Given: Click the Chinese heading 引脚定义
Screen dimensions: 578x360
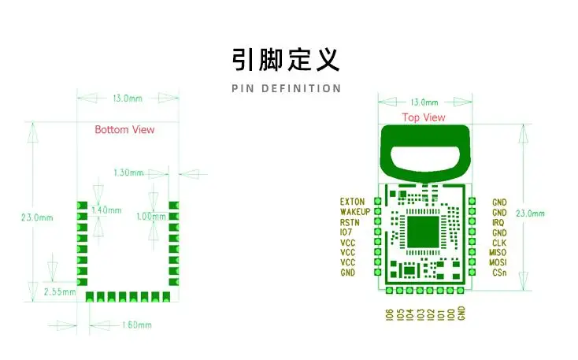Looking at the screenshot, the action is [286, 59].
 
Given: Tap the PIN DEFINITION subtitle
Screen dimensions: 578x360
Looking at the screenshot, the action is [287, 88].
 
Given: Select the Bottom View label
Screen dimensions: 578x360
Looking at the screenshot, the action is [124, 129].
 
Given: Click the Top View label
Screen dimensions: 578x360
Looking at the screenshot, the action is [424, 117].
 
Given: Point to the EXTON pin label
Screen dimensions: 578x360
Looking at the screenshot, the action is [352, 202].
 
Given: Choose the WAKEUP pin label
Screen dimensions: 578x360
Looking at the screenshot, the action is [355, 212].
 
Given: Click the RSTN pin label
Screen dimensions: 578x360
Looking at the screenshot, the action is [350, 222].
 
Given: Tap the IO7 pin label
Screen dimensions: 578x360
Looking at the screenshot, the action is [346, 232].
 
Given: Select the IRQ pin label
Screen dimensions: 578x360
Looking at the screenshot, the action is [498, 222].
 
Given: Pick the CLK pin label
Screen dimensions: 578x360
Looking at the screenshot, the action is [499, 243].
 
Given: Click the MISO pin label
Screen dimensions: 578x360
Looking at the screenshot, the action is [498, 253].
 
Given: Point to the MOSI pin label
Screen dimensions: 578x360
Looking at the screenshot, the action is [498, 262].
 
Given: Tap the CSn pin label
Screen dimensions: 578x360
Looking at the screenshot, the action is [499, 273].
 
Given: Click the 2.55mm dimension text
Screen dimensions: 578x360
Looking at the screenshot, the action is [60, 291].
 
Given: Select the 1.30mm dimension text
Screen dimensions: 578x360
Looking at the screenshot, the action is [128, 173].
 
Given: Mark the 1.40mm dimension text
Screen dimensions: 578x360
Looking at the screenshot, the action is [106, 210].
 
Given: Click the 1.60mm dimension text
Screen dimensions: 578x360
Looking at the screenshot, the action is [137, 325].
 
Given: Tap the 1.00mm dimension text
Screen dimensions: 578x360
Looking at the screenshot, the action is [151, 217].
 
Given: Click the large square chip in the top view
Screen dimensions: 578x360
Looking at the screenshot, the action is [423, 232].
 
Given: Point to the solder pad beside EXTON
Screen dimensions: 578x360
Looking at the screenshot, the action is [377, 201].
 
